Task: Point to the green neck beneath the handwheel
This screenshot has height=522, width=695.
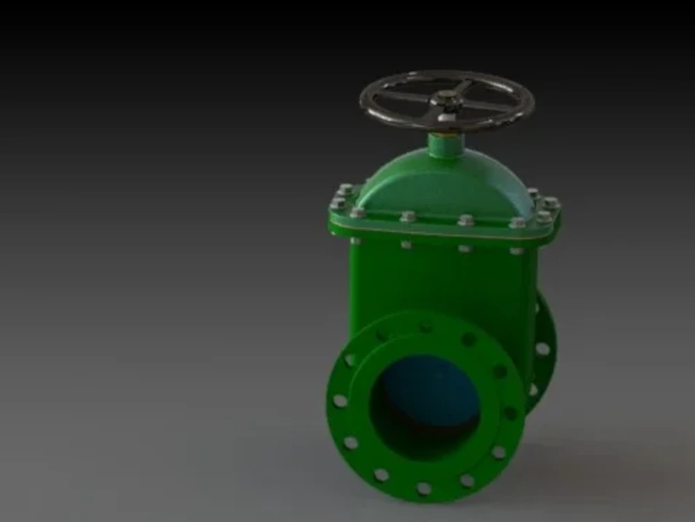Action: (x=445, y=145)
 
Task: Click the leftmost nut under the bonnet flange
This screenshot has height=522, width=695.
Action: (x=355, y=240)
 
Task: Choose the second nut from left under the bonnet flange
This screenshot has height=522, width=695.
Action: (x=407, y=245)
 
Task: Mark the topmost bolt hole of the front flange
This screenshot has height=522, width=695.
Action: (x=425, y=327)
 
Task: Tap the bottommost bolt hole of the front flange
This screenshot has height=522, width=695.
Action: (x=423, y=489)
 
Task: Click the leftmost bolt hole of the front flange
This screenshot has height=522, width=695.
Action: (x=340, y=401)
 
